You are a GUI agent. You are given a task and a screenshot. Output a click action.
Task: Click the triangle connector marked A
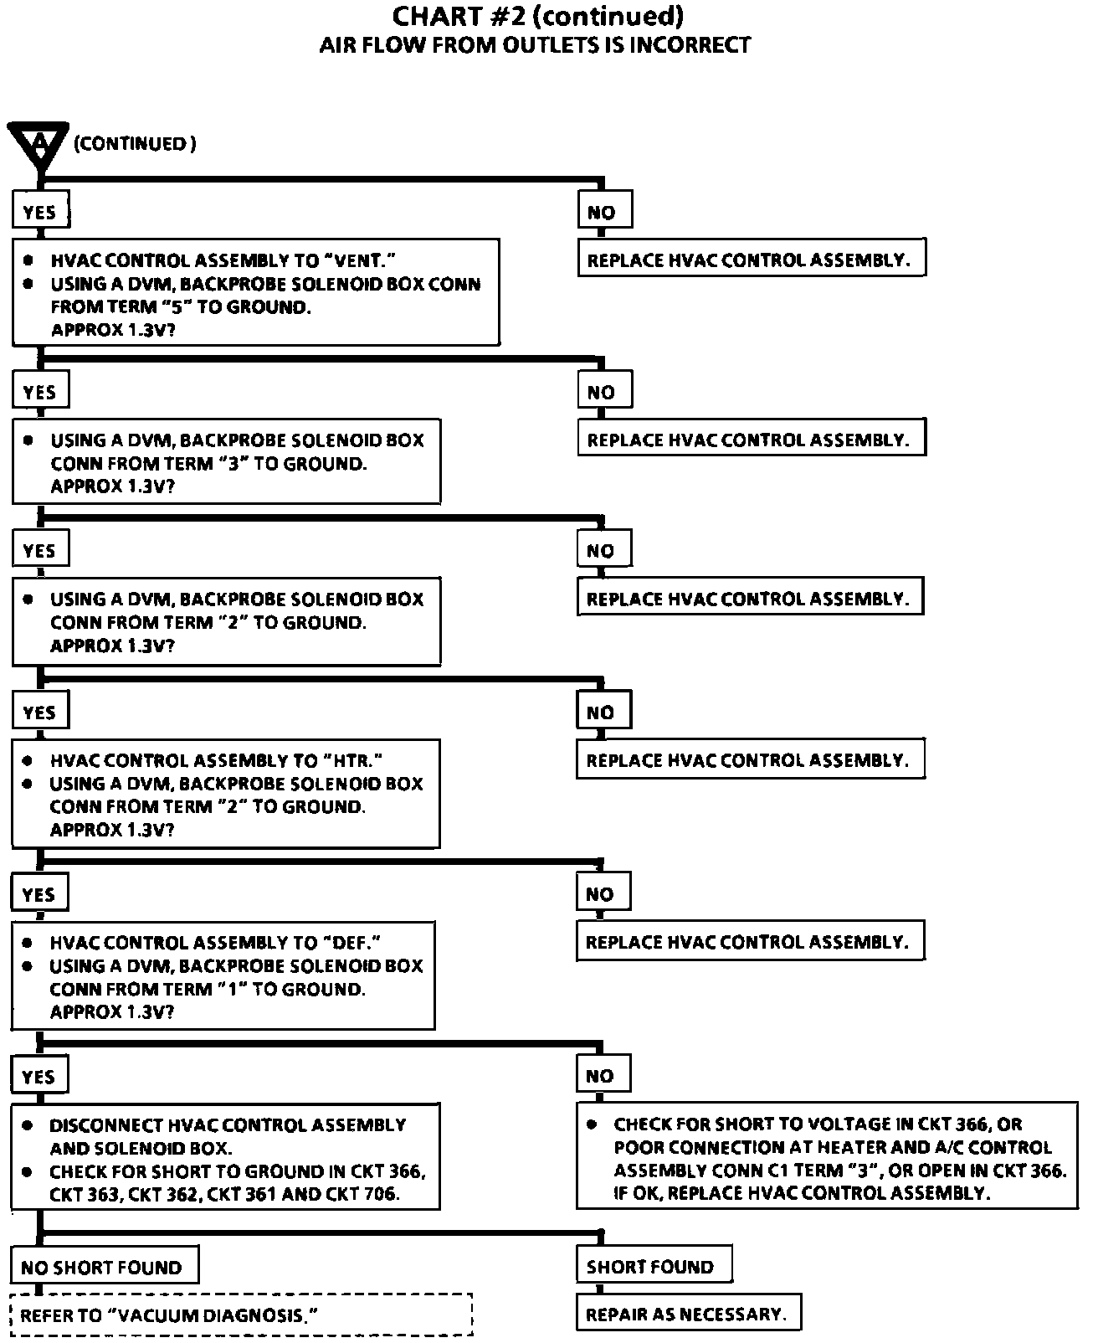pyautogui.click(x=38, y=143)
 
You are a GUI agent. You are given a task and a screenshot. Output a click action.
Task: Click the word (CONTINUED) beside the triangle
pyautogui.click(x=135, y=144)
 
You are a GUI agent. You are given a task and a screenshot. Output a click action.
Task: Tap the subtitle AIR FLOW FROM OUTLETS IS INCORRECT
pyautogui.click(x=535, y=45)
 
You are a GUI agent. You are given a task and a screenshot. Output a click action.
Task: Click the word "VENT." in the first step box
pyautogui.click(x=357, y=260)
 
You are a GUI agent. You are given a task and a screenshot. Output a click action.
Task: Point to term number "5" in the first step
pyautogui.click(x=177, y=307)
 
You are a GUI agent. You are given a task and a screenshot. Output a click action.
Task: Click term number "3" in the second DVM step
pyautogui.click(x=233, y=464)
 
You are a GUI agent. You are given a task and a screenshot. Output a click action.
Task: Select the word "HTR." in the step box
pyautogui.click(x=351, y=761)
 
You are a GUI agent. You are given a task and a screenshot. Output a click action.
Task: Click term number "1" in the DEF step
pyautogui.click(x=231, y=990)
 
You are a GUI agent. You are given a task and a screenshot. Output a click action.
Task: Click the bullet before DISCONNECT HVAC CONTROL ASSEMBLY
pyautogui.click(x=28, y=1125)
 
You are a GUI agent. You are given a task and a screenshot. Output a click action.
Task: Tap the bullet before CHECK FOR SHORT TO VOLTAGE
pyautogui.click(x=592, y=1124)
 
